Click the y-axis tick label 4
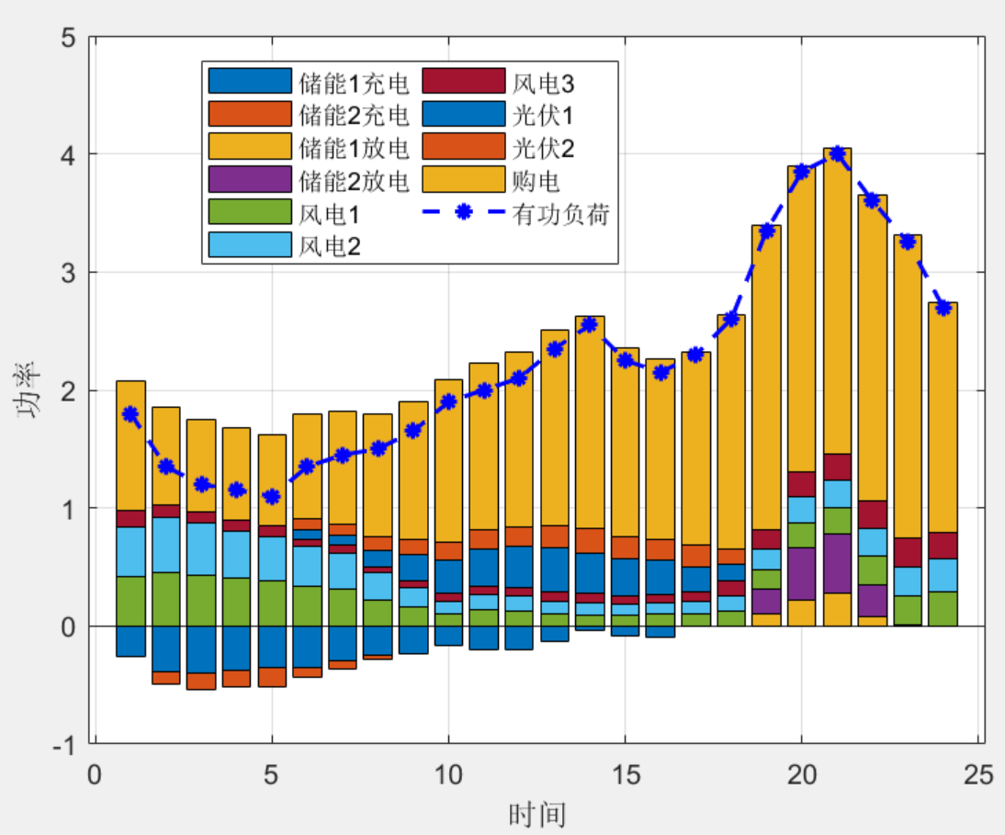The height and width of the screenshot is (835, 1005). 68,154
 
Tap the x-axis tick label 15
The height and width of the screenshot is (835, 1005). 625,774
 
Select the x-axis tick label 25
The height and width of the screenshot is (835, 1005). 979,774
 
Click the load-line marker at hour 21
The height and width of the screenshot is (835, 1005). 837,153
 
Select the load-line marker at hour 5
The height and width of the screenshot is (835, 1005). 271,496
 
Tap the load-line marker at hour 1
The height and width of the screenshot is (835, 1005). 130,414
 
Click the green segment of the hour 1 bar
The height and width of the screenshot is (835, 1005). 130,601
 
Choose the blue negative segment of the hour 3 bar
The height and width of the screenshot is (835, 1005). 201,649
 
